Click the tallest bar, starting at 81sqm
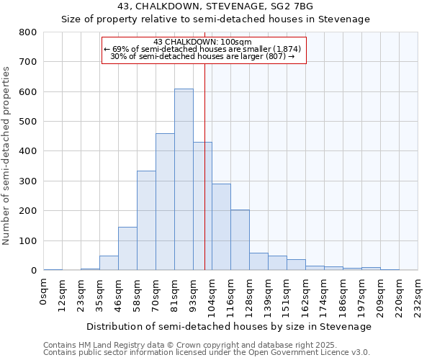pos(184,180)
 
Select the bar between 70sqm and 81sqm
pos(165,202)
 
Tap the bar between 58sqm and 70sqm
pos(146,220)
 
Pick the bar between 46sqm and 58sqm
pos(127,248)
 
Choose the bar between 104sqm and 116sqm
pos(221,227)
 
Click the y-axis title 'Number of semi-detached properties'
pos(6,155)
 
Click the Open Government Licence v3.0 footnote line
pos(207,353)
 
